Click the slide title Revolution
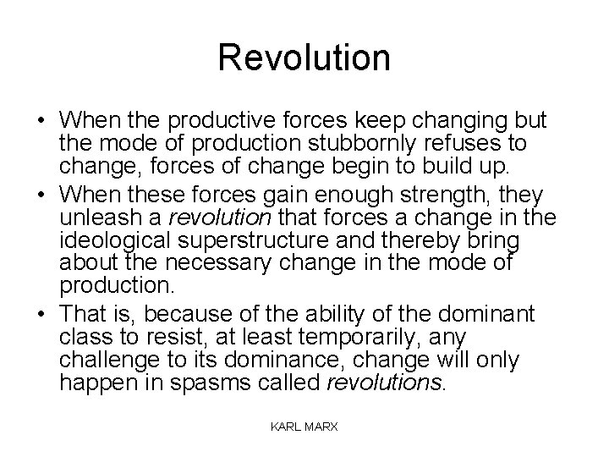click(304, 58)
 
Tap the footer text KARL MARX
click(304, 427)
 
